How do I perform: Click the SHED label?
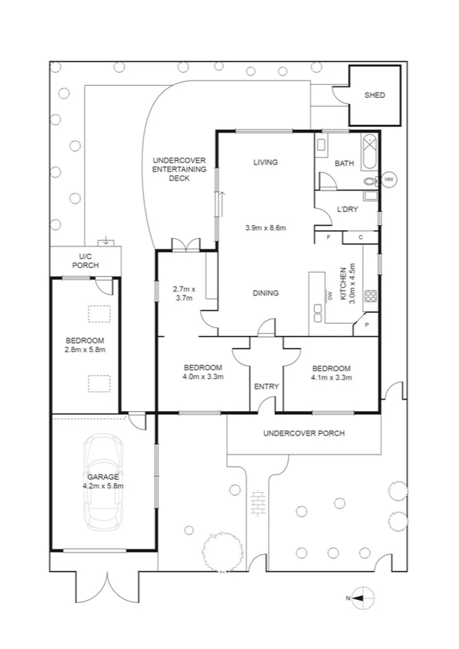374,96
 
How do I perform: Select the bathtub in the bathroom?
369,150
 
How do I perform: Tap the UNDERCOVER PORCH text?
303,433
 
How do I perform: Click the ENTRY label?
266,386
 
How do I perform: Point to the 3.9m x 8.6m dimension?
265,228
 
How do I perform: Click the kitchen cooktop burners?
371,296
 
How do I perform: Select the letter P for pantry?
366,324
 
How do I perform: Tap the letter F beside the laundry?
328,238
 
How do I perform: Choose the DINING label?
265,293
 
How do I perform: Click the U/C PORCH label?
86,261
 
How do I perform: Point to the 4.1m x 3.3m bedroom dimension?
331,377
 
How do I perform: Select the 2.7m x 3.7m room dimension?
184,293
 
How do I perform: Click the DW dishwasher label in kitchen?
329,295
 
